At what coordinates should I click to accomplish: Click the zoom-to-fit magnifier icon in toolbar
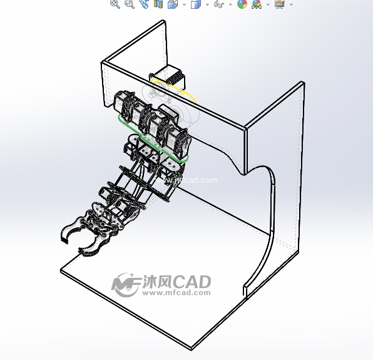point(115,4)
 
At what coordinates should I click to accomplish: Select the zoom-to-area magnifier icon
point(130,4)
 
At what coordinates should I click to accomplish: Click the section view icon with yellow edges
point(158,4)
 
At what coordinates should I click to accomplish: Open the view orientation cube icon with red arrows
point(173,4)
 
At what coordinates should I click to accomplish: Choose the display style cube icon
point(196,4)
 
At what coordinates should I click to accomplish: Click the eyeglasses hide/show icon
point(219,4)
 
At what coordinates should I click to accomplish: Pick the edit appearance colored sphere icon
point(242,4)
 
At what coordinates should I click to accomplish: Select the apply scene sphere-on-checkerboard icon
point(257,4)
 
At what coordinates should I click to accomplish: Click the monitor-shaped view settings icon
point(280,4)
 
